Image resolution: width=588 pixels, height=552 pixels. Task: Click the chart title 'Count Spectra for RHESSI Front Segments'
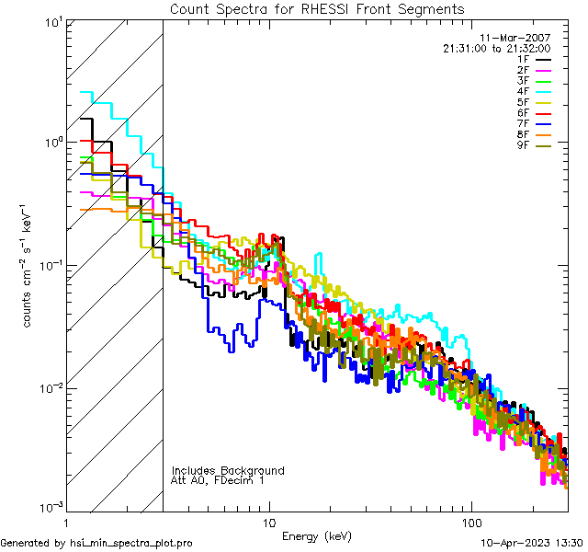coord(317,8)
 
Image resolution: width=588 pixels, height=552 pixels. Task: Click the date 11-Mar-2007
coord(521,38)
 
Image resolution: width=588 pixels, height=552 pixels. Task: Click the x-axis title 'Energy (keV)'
coord(317,535)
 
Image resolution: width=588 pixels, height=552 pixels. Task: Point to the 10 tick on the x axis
coord(268,523)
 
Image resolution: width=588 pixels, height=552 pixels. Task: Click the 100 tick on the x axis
coord(470,523)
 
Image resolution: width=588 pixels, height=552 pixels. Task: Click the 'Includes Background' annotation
coord(228,470)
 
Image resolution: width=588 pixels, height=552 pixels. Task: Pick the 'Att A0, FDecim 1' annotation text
coord(217,480)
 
